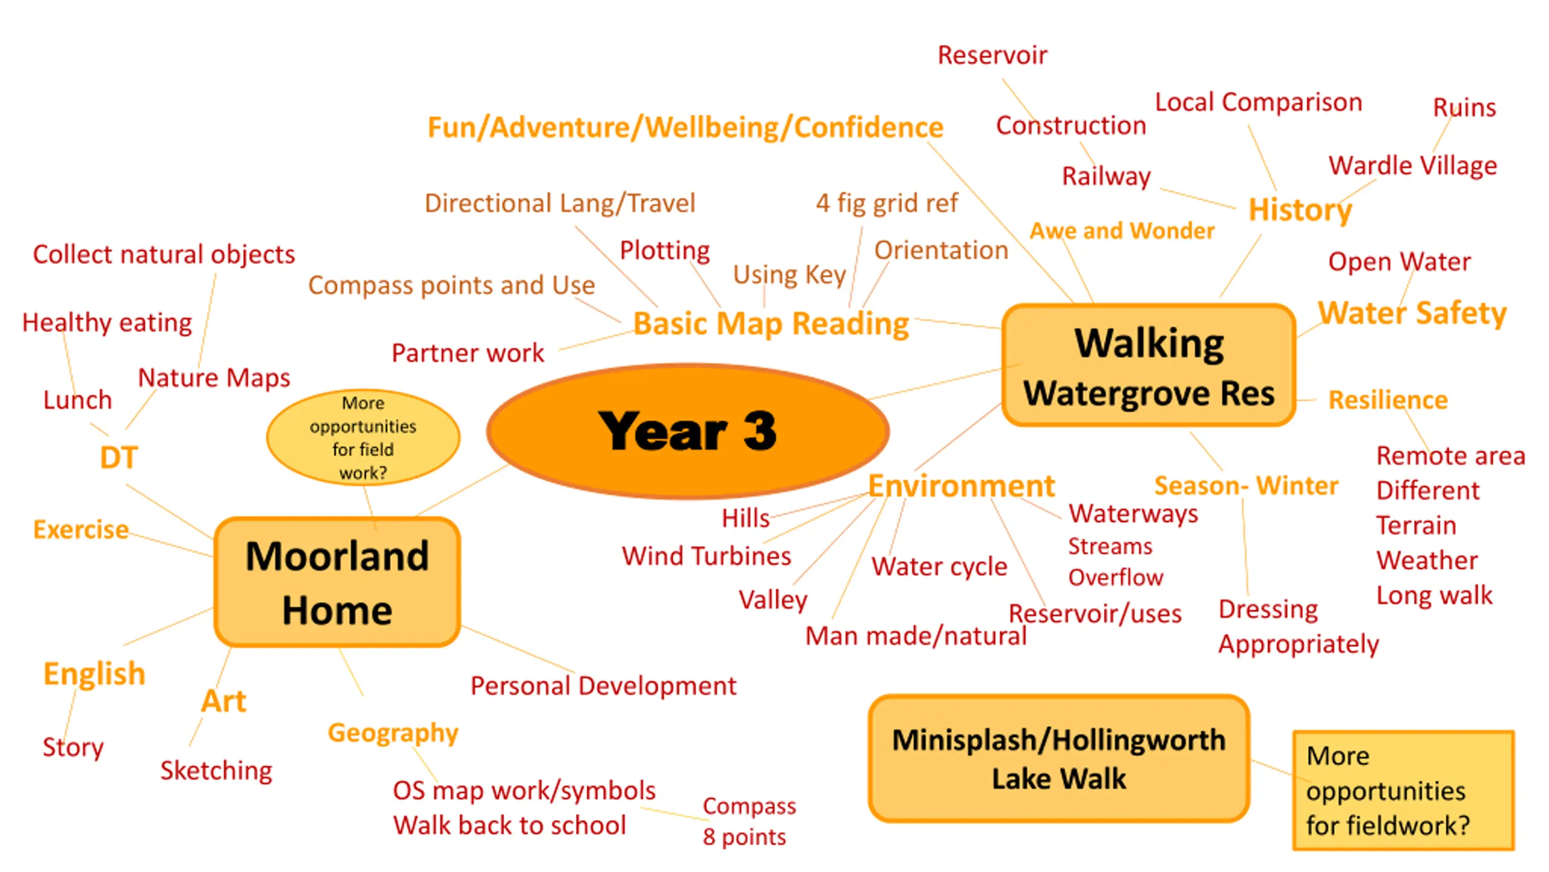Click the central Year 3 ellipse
point(688,431)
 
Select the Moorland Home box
point(337,582)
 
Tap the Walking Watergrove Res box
point(1148,365)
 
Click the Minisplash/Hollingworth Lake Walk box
point(1059,758)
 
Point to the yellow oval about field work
point(363,437)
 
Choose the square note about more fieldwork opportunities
point(1403,790)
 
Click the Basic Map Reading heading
point(771,324)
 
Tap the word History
point(1300,210)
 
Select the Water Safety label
point(1412,313)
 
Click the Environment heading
point(961,486)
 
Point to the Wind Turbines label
point(706,556)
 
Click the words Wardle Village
point(1413,165)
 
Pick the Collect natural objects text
point(164,254)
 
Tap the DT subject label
point(119,457)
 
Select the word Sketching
point(216,771)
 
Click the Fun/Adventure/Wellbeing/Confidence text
point(686,127)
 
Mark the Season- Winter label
point(1246,486)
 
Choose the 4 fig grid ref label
point(887,203)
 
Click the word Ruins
point(1464,108)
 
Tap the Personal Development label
point(603,686)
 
